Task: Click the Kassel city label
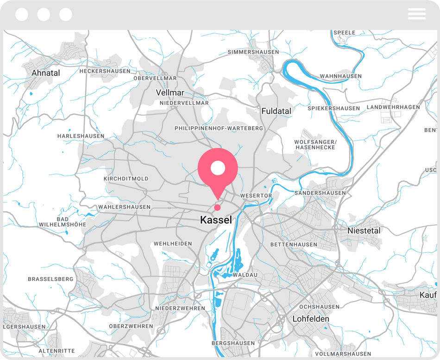216,220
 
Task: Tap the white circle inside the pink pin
218,168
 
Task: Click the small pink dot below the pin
217,207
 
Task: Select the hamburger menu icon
416,14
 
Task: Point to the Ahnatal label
46,73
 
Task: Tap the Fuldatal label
277,111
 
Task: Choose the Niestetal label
364,230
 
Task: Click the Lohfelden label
311,319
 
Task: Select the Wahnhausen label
341,76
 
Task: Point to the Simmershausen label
253,52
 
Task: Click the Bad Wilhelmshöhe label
63,222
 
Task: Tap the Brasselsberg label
50,279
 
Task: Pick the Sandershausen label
321,192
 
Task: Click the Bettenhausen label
294,244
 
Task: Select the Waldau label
245,275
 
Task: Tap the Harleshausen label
81,136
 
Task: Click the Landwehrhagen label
393,107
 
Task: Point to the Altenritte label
57,351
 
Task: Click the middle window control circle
44,14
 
